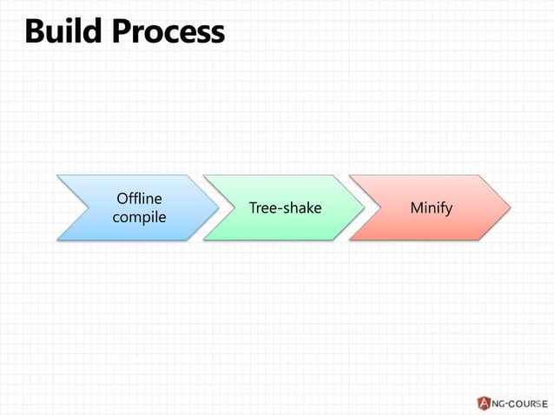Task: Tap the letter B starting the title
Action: coord(36,32)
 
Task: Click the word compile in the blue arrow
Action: coord(139,216)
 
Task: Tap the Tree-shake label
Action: coord(285,208)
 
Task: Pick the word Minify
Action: coord(432,208)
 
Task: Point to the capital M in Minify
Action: coord(417,208)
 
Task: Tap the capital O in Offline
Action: coord(122,199)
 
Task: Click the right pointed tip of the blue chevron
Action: coord(218,207)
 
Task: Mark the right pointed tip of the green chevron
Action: coord(364,207)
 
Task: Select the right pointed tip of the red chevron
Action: coord(510,207)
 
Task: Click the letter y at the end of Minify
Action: coord(449,210)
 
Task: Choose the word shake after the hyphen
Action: coord(302,208)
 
